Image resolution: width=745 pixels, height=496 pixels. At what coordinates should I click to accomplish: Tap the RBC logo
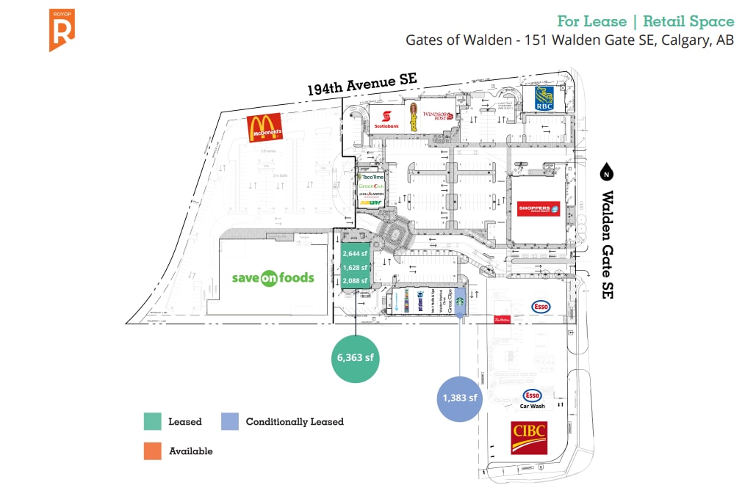click(544, 99)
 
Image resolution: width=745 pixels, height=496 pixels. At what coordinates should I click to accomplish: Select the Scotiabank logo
click(389, 119)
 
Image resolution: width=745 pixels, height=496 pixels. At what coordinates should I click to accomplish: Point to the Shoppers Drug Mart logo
click(539, 209)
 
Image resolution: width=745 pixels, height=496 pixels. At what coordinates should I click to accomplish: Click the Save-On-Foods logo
click(273, 278)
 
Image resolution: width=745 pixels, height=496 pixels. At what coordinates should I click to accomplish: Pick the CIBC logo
click(529, 437)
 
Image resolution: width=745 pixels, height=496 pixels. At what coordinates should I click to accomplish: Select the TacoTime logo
click(371, 177)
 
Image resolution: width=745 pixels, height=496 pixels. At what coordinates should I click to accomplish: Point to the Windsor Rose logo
click(437, 118)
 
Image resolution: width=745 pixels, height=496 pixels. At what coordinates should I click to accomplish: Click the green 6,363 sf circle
click(356, 358)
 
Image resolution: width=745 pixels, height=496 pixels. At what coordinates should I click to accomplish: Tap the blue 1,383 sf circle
click(461, 398)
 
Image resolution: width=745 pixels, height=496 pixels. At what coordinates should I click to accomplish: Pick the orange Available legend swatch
click(152, 451)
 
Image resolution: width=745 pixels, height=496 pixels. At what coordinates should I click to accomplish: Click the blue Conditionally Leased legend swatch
click(229, 421)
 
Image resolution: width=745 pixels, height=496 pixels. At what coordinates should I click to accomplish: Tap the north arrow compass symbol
click(606, 173)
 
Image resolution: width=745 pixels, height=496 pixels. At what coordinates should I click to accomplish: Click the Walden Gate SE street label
click(607, 244)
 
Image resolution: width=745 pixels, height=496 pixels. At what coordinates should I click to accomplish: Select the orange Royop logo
click(62, 30)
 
